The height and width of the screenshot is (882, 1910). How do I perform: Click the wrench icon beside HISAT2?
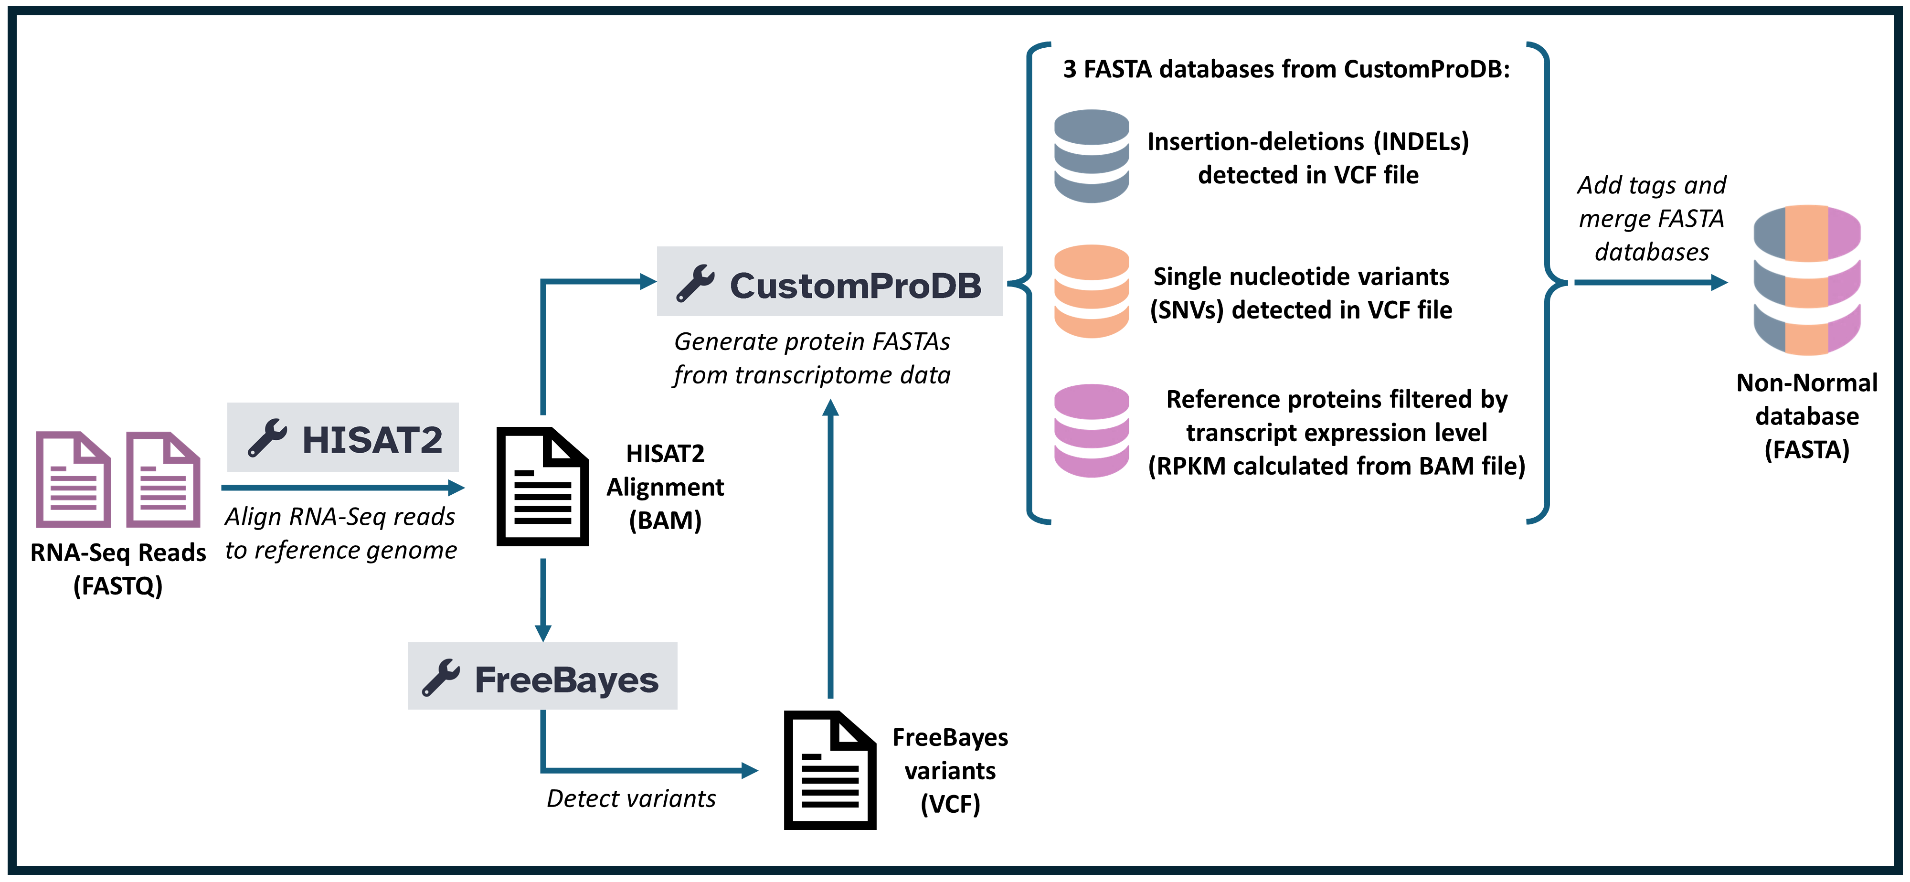267,438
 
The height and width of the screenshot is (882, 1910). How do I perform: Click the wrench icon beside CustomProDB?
696,283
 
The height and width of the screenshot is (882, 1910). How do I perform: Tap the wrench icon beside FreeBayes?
441,677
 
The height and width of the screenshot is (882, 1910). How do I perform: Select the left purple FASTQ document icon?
74,479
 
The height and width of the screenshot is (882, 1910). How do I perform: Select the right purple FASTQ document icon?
163,479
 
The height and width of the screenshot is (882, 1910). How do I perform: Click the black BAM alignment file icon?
543,487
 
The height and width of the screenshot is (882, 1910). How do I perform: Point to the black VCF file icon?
830,770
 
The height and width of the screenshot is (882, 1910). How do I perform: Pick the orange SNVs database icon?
1092,291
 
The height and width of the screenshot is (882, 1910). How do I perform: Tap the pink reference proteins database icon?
1092,430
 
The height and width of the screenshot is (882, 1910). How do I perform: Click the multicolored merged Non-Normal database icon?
1807,280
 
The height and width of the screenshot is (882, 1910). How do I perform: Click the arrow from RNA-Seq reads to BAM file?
342,488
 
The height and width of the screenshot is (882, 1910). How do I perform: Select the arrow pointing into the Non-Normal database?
1651,282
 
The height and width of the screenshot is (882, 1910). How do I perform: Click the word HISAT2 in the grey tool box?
372,439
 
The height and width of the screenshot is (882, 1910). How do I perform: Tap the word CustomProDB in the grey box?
856,286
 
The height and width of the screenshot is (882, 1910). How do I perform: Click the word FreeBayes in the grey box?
566,680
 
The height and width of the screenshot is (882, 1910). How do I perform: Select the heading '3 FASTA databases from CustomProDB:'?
1286,69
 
